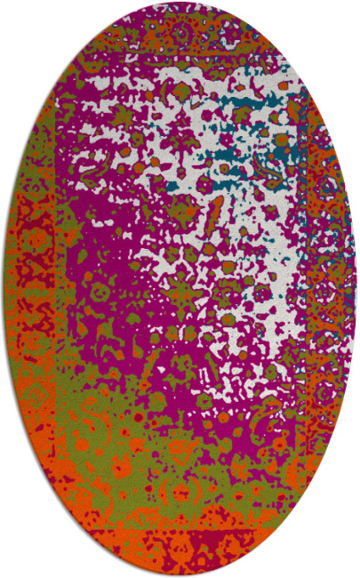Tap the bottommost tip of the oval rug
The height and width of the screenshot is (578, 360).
click(x=180, y=574)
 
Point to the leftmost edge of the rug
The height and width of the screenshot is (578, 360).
click(x=3, y=289)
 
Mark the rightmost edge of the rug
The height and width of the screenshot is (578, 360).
click(x=356, y=289)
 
